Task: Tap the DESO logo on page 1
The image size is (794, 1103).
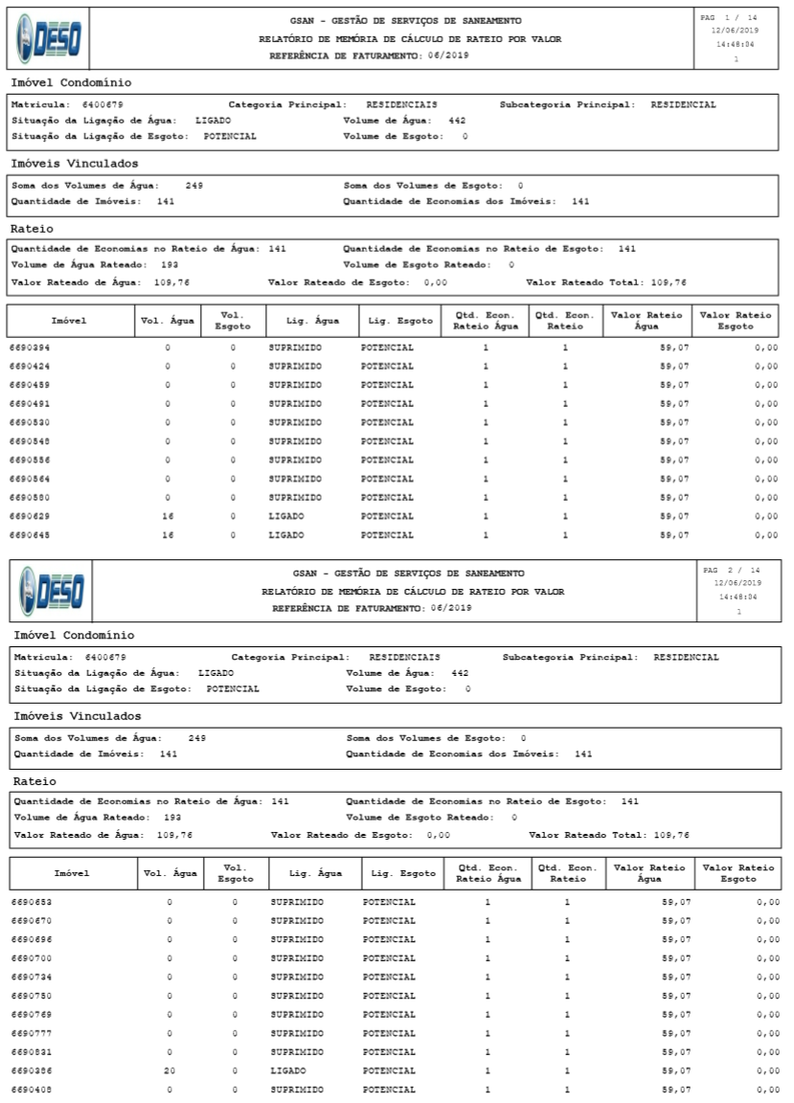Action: coord(47,37)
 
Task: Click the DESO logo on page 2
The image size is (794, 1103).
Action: coord(50,591)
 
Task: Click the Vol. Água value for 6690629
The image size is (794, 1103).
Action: coord(168,516)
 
